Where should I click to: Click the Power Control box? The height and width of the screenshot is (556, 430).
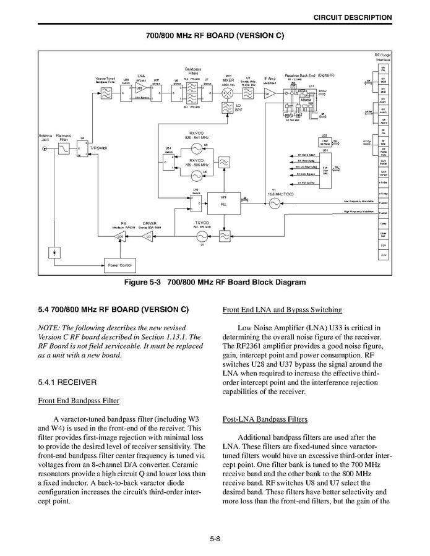[x=120, y=265]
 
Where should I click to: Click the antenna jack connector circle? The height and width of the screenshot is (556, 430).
[x=44, y=149]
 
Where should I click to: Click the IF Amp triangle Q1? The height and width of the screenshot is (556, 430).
[x=269, y=94]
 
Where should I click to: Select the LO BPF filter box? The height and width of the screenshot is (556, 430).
[x=227, y=109]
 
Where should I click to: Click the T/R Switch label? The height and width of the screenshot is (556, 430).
[x=98, y=148]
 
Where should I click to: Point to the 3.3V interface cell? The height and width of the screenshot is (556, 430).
[x=383, y=246]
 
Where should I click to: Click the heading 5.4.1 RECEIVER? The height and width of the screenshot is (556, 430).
[x=68, y=381]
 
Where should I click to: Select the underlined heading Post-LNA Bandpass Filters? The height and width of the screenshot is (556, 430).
[x=265, y=419]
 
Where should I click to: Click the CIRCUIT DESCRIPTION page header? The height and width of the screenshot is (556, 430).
[x=352, y=17]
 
